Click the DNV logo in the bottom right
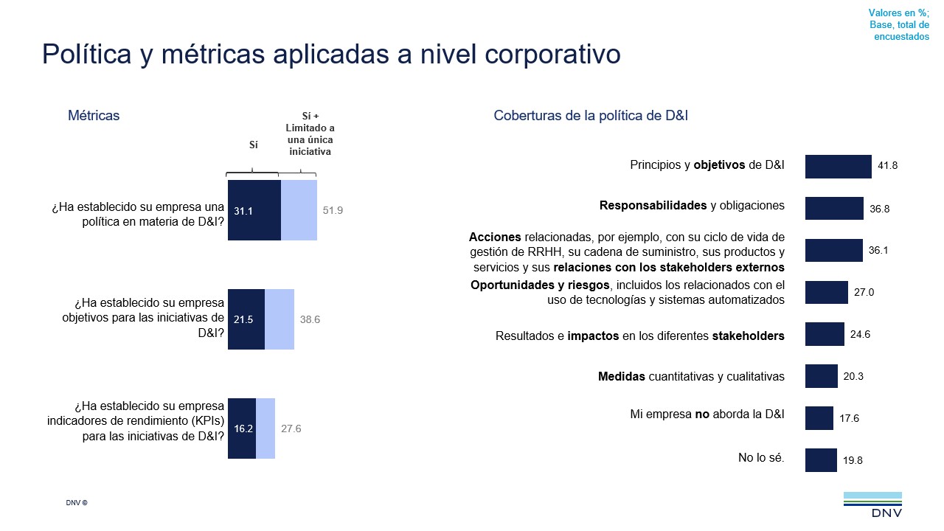(872, 505)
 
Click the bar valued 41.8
(838, 167)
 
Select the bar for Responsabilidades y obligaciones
(834, 208)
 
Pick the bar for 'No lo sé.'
(821, 460)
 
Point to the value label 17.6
(849, 418)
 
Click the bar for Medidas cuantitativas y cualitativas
(821, 376)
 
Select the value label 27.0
(864, 293)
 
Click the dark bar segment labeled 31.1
(254, 210)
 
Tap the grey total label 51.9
(333, 210)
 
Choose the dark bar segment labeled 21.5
(246, 319)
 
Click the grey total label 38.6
(310, 319)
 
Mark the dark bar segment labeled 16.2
(242, 428)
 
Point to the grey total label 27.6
(291, 428)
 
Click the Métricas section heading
(94, 116)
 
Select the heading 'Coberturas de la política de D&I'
(591, 116)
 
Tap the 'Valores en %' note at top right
(898, 13)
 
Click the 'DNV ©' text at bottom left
(77, 503)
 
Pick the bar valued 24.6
(825, 334)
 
